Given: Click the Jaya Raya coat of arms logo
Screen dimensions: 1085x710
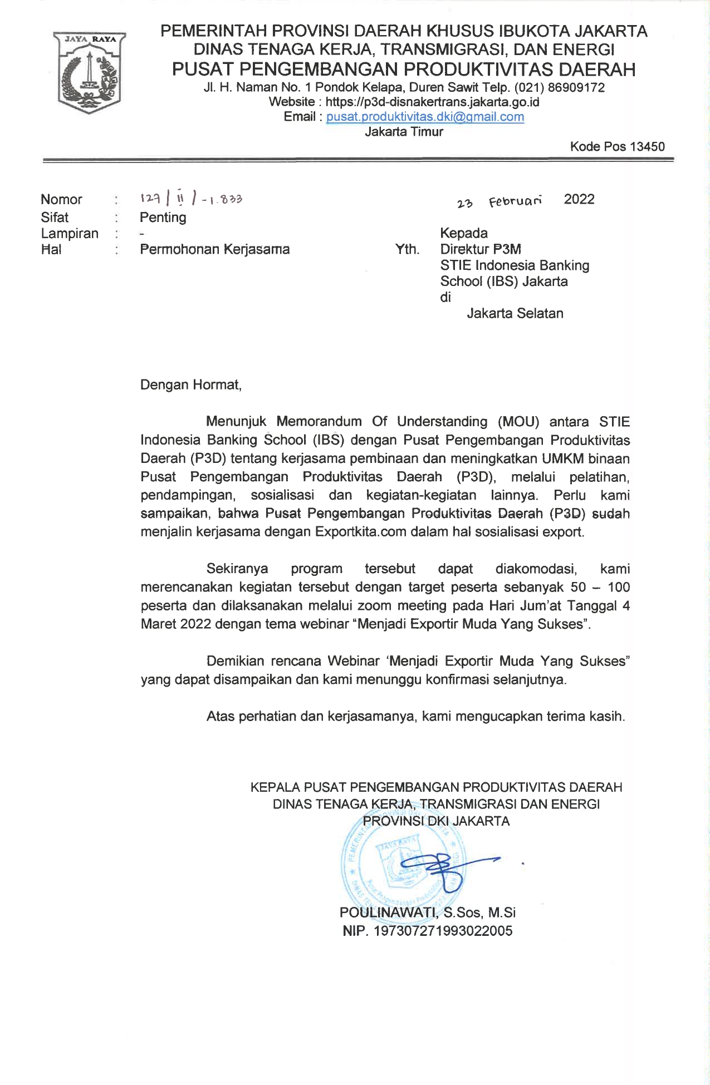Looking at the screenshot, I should (x=89, y=71).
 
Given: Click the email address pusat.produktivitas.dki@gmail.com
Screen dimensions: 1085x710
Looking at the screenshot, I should (x=425, y=117).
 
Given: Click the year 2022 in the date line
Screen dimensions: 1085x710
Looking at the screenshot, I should (x=579, y=199).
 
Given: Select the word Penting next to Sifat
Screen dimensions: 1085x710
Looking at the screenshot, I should (x=163, y=217).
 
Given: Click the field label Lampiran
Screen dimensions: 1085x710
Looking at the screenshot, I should (x=70, y=233).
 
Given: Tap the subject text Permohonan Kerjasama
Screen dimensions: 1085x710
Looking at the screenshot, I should (x=214, y=249).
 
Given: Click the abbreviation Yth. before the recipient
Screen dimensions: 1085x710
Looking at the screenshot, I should (x=408, y=249).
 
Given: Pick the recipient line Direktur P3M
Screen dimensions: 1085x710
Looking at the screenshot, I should (x=481, y=249).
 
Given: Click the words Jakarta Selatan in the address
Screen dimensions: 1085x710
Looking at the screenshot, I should (x=515, y=313).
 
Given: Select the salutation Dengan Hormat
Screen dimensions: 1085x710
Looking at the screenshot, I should (x=190, y=384).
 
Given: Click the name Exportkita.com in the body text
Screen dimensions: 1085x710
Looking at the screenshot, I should (x=360, y=531).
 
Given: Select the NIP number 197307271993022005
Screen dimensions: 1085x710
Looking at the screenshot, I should (x=442, y=931).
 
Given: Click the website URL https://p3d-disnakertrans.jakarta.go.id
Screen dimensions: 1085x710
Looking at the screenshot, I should (x=432, y=102).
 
